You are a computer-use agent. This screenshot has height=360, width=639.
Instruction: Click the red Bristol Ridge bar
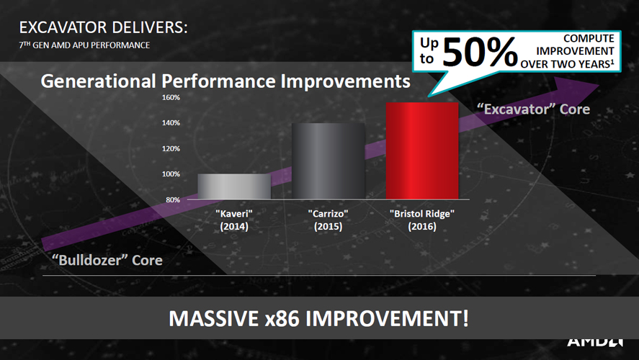[x=422, y=150]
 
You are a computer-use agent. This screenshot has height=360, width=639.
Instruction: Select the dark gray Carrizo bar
[x=328, y=161]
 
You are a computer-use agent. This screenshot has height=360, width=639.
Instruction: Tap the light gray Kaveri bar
[x=234, y=186]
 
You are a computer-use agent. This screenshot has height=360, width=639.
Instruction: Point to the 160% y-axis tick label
[x=171, y=97]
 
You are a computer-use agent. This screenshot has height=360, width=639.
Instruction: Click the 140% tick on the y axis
[x=171, y=123]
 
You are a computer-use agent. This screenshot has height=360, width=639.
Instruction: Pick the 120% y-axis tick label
[x=171, y=148]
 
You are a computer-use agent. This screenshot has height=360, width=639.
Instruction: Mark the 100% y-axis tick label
[x=171, y=174]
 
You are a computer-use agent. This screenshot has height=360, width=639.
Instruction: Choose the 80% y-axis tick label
[x=173, y=199]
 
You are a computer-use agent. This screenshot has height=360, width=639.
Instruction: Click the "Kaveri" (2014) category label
[x=234, y=220]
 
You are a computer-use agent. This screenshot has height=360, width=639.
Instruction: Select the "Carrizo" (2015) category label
[x=328, y=220]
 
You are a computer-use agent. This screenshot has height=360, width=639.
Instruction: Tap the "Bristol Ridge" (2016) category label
[x=422, y=220]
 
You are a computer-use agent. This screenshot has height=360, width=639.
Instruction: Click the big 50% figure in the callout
[x=480, y=52]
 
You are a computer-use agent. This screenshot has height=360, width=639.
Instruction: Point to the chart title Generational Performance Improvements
[x=225, y=81]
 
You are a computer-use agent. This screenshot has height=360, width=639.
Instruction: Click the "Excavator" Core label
[x=533, y=109]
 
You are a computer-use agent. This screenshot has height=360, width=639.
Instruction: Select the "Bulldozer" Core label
[x=107, y=260]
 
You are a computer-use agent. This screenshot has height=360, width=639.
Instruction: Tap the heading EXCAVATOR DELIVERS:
[x=103, y=27]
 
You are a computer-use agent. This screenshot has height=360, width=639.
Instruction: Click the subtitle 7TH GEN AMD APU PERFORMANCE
[x=84, y=45]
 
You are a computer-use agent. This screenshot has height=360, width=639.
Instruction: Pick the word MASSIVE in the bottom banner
[x=213, y=318]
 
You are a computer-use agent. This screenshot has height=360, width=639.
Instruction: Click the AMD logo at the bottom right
[x=594, y=341]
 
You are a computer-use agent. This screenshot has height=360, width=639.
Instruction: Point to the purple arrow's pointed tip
[x=599, y=85]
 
